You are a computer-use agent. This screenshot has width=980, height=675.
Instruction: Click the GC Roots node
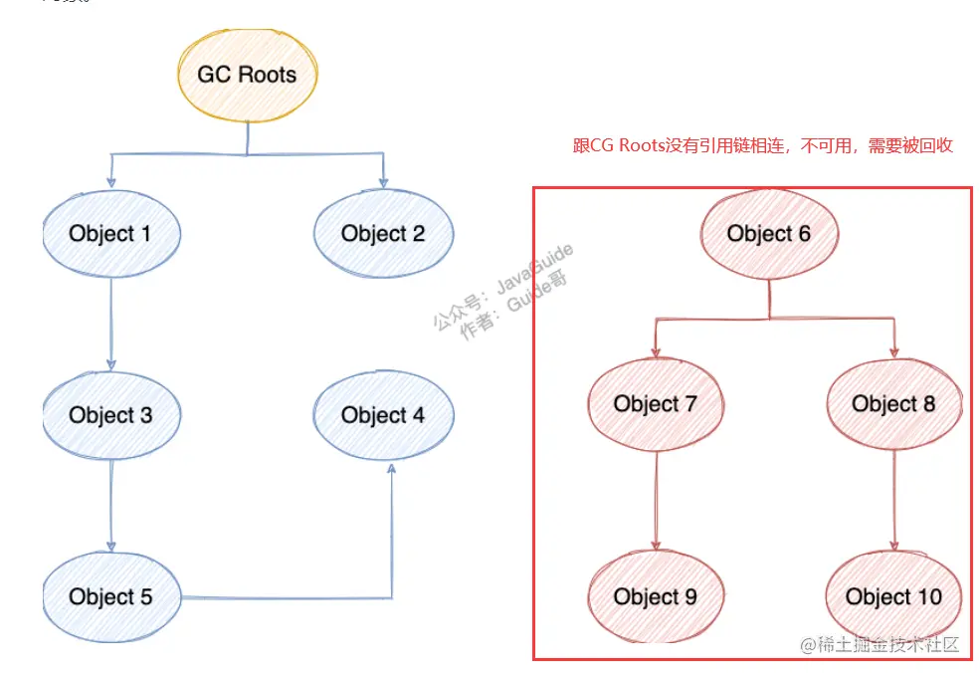[x=246, y=75]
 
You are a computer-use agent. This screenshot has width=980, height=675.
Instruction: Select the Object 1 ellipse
[x=110, y=234]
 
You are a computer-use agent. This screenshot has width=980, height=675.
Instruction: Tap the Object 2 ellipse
[x=383, y=234]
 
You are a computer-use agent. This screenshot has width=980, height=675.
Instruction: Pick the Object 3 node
[x=110, y=415]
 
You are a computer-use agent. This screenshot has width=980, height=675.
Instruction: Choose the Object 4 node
[x=383, y=415]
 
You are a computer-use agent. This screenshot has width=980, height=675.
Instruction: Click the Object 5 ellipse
[x=110, y=596]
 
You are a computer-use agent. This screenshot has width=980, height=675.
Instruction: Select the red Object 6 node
[x=769, y=234]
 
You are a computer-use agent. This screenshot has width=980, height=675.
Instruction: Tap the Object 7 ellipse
[x=656, y=403]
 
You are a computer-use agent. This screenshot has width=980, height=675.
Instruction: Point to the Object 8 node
[x=893, y=403]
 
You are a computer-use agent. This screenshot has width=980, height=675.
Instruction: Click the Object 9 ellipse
[x=656, y=596]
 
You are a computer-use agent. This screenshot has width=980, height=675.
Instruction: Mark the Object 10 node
[x=893, y=596]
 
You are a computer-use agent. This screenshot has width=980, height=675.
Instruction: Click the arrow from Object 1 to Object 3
[x=110, y=324]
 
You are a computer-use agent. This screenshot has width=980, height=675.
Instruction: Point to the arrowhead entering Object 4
[x=392, y=469]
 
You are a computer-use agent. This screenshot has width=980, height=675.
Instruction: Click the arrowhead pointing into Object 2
[x=384, y=181]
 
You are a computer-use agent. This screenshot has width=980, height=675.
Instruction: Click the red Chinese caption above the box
[x=763, y=146]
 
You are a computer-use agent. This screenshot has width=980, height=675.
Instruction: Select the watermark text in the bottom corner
[x=880, y=644]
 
